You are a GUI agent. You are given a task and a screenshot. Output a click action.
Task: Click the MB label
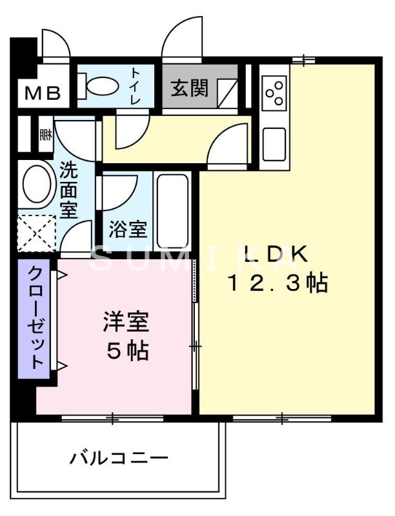coord(43,94)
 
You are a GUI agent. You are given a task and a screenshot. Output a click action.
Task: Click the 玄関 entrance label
coord(189,88)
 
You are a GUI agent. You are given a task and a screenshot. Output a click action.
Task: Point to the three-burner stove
coord(275,93)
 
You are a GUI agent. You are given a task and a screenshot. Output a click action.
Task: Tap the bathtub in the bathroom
coord(172,210)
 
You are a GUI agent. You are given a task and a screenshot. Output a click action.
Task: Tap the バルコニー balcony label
coord(119,459)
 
